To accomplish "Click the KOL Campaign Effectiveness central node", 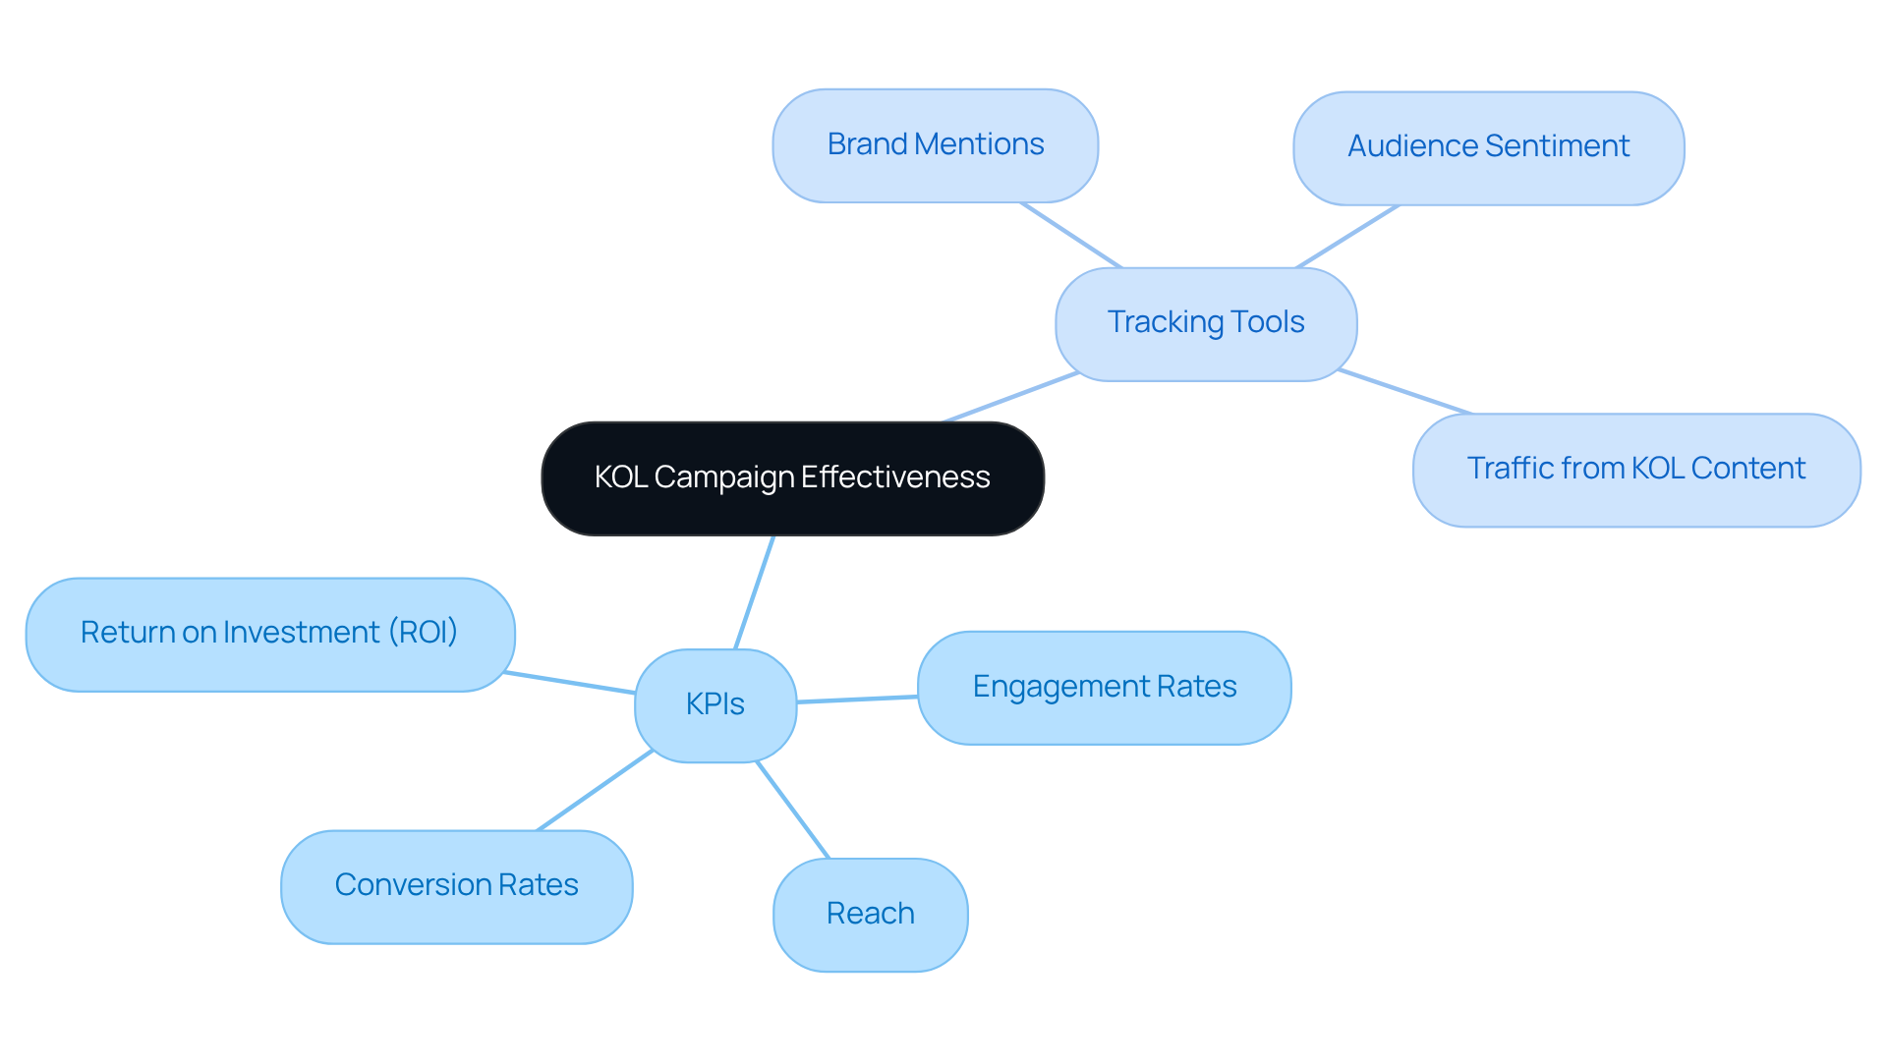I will pyautogui.click(x=792, y=478).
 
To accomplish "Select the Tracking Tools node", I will pyautogui.click(x=1206, y=323).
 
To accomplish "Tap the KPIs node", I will pyautogui.click(x=715, y=704).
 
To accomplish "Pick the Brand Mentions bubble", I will pyautogui.click(x=935, y=145).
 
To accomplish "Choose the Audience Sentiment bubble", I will pyautogui.click(x=1488, y=147).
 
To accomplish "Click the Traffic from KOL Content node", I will pyautogui.click(x=1635, y=470).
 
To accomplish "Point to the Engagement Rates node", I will pyautogui.click(x=1104, y=687).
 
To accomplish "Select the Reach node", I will pyautogui.click(x=870, y=914).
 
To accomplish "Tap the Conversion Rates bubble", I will pyautogui.click(x=456, y=886).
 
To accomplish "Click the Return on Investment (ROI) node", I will pyautogui.click(x=269, y=634).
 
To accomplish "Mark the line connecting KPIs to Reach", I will pyautogui.click(x=793, y=811).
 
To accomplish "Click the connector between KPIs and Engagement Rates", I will pyautogui.click(x=857, y=700).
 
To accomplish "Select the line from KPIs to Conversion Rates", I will pyautogui.click(x=595, y=791).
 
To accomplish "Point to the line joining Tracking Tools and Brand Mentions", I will pyautogui.click(x=1071, y=235).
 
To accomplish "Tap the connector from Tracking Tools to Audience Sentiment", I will pyautogui.click(x=1347, y=237).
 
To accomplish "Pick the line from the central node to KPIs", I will pyautogui.click(x=755, y=591).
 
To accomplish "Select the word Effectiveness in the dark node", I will pyautogui.click(x=895, y=477).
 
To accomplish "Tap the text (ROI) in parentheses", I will pyautogui.click(x=423, y=633).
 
